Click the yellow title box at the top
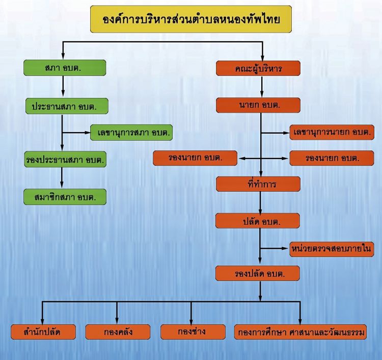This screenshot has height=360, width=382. click(191, 19)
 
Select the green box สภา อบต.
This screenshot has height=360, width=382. click(65, 68)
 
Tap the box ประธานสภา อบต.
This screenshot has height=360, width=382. click(67, 106)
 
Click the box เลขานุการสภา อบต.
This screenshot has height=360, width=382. click(131, 133)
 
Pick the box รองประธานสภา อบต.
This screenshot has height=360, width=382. click(65, 160)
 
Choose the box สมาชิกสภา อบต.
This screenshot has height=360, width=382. click(65, 197)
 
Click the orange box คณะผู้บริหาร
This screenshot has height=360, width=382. click(258, 68)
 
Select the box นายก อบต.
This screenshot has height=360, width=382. click(258, 105)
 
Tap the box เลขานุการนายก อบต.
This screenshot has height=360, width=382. click(332, 132)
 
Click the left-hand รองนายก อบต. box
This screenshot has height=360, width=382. click(195, 158)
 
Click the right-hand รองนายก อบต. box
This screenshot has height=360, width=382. click(332, 158)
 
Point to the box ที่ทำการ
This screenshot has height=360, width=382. click(258, 184)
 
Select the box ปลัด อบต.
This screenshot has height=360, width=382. click(258, 221)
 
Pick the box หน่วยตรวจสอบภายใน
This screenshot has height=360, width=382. click(332, 249)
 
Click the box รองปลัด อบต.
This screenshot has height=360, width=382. click(258, 273)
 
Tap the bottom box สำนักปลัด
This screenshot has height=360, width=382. click(43, 332)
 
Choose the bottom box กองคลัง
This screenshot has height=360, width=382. click(118, 332)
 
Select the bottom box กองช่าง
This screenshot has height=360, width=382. click(193, 332)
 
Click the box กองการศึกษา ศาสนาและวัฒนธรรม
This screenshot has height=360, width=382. click(301, 332)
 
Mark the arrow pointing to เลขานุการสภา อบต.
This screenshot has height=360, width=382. click(76, 133)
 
